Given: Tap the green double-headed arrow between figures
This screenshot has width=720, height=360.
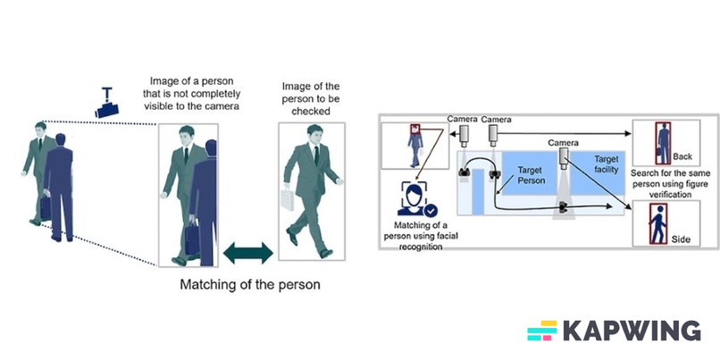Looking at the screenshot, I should [246, 254].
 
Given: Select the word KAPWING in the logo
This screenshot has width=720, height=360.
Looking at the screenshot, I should [631, 331].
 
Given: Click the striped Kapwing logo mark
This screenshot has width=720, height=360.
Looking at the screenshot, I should [541, 331].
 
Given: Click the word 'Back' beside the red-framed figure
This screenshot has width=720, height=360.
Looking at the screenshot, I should [682, 156].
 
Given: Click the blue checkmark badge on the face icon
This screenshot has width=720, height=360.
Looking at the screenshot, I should [431, 211].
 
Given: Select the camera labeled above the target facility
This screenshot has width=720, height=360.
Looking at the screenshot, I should [564, 157].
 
